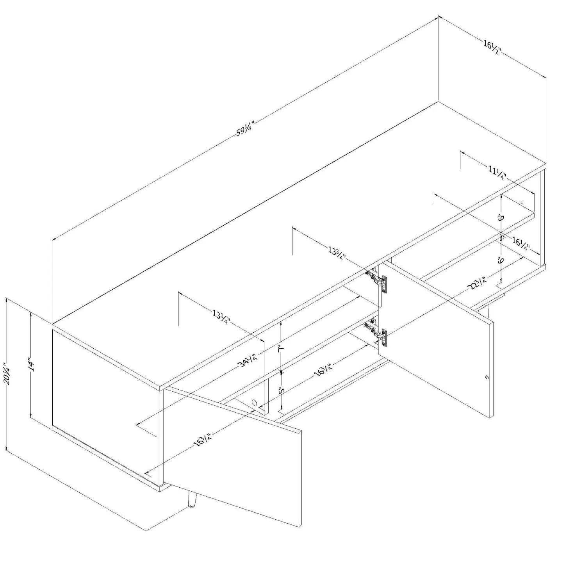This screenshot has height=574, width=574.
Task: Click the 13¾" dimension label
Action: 337,253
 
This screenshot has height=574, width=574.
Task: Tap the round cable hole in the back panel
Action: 254,403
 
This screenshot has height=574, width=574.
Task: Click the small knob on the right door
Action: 487,378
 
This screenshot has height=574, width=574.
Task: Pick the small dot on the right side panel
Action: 522,203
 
